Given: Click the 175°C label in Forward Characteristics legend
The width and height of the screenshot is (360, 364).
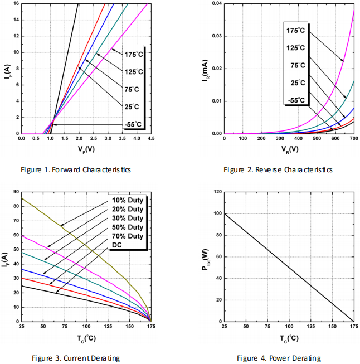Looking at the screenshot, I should pos(134,54).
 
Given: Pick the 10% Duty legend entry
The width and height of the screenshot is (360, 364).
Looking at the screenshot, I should pos(128,200).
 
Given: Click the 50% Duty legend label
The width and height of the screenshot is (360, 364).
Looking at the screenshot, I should pos(128,226).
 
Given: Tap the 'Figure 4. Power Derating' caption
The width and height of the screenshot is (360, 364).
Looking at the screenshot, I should pos(279,358).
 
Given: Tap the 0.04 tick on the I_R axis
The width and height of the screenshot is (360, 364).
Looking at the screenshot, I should pos(215,3).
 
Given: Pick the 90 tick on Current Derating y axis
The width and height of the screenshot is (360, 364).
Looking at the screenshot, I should pos(14,192).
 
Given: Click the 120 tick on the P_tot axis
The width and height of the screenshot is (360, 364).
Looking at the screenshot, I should pos(215,192).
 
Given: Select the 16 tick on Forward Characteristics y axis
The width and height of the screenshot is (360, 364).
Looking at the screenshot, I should pos(14,3).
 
